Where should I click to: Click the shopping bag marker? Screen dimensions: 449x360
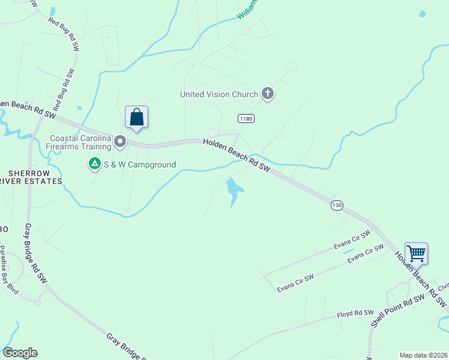coord(136,117)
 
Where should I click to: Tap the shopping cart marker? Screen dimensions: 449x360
coord(416,253)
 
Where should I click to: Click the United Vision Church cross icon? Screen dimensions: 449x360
coord(268,94)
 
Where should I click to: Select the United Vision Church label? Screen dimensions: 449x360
coord(219,94)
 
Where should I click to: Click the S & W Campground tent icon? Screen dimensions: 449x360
coord(94,163)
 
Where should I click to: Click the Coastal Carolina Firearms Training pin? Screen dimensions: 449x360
coord(120,142)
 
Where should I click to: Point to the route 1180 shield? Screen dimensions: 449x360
coord(246,119)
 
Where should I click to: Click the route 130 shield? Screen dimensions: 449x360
coord(337,206)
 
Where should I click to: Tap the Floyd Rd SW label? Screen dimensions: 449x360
coord(355,313)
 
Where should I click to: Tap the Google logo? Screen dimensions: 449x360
coord(20,353)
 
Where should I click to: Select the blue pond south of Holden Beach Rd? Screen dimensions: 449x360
coord(234,191)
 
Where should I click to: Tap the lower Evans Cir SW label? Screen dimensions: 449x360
coord(295,283)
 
